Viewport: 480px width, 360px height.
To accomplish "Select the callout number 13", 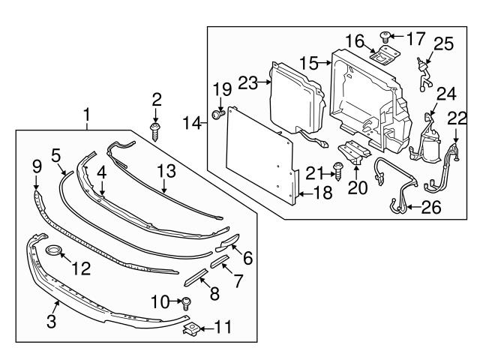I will pyautogui.click(x=166, y=171).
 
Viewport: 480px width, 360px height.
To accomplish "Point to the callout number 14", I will pyautogui.click(x=192, y=121).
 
